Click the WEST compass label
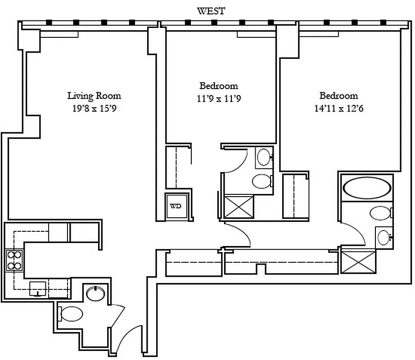(x=211, y=11)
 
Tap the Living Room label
(x=94, y=95)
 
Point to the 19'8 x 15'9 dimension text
(x=94, y=108)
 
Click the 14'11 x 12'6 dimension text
(x=338, y=108)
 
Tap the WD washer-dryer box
(x=176, y=207)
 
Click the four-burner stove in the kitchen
(x=14, y=260)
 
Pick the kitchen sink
(x=37, y=288)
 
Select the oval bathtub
(x=366, y=188)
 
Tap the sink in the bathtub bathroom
(x=384, y=236)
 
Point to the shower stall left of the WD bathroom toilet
(x=239, y=207)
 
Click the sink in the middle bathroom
(x=263, y=157)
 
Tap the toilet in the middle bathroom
(x=262, y=181)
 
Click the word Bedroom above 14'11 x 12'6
(x=338, y=95)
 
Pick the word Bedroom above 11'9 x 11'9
(x=219, y=85)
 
